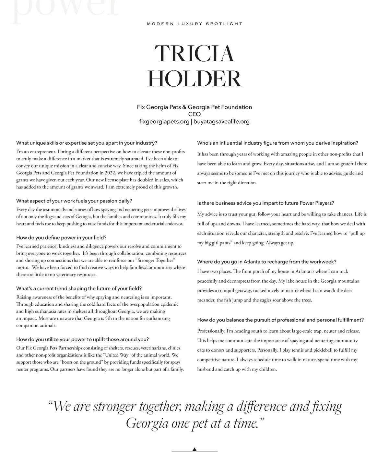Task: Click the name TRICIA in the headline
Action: click(x=194, y=54)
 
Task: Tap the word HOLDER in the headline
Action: click(x=194, y=79)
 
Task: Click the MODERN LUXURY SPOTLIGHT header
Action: click(x=194, y=24)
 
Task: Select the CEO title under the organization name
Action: click(x=194, y=114)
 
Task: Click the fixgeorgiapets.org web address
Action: click(x=164, y=122)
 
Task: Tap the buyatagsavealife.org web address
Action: click(x=221, y=122)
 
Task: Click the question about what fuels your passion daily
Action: click(x=74, y=201)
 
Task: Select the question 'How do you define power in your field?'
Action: click(x=61, y=238)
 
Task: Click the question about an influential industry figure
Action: click(x=277, y=143)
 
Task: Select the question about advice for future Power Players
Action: click(x=265, y=203)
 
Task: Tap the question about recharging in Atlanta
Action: click(x=267, y=262)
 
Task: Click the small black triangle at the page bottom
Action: click(x=194, y=449)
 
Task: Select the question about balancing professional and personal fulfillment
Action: click(x=280, y=320)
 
